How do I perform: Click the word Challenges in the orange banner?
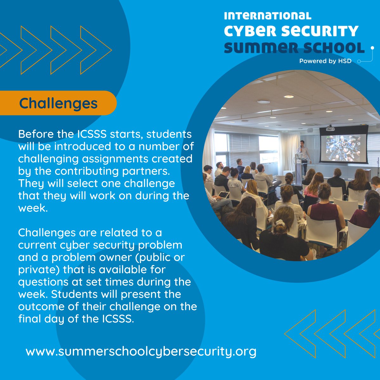[58, 103]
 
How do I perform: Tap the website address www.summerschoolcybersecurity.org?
[141, 351]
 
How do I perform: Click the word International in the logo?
[267, 16]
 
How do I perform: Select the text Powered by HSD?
[325, 61]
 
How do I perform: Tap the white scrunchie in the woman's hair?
[280, 222]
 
